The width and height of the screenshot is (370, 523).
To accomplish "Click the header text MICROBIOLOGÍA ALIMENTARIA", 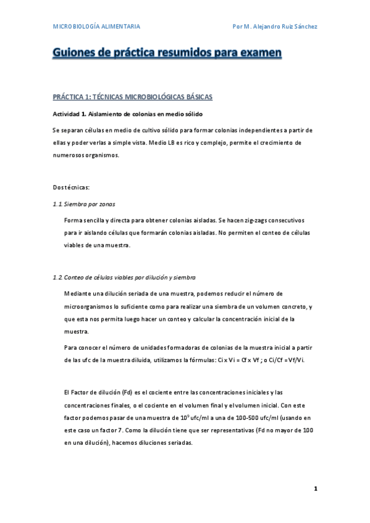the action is click(x=96, y=27).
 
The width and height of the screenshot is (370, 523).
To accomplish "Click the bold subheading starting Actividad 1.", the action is click(x=127, y=114).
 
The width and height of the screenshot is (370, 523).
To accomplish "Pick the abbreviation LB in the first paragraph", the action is click(x=162, y=142).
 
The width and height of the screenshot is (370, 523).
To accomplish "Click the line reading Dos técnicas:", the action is click(x=72, y=186).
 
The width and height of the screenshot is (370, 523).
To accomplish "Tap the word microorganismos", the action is click(x=91, y=307).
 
